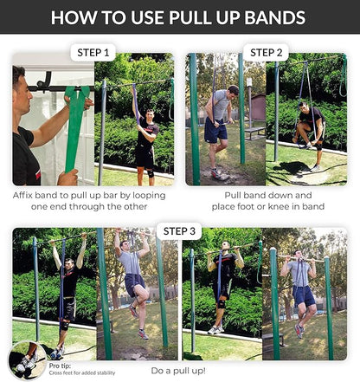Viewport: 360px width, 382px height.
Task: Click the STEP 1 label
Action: [x=94, y=53]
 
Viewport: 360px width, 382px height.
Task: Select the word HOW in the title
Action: [x=80, y=17]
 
